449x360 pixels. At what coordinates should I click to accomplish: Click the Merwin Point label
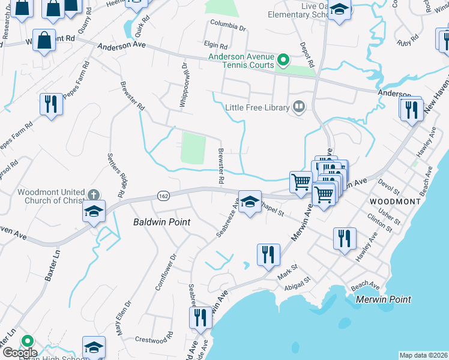click(383, 299)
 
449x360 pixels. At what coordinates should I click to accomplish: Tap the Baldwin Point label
click(161, 222)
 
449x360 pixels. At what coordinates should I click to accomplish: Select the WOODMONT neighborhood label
click(395, 202)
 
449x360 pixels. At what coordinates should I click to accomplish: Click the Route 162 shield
click(163, 196)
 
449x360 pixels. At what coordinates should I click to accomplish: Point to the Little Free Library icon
click(299, 107)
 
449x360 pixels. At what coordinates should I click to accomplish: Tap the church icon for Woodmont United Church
click(92, 194)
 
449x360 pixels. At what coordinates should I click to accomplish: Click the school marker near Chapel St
click(250, 202)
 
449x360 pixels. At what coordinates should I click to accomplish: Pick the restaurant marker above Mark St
click(268, 254)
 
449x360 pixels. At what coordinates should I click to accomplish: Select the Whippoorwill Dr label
click(184, 85)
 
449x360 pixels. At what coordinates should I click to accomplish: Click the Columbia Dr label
click(228, 28)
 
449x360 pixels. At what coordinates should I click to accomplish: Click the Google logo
click(19, 353)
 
